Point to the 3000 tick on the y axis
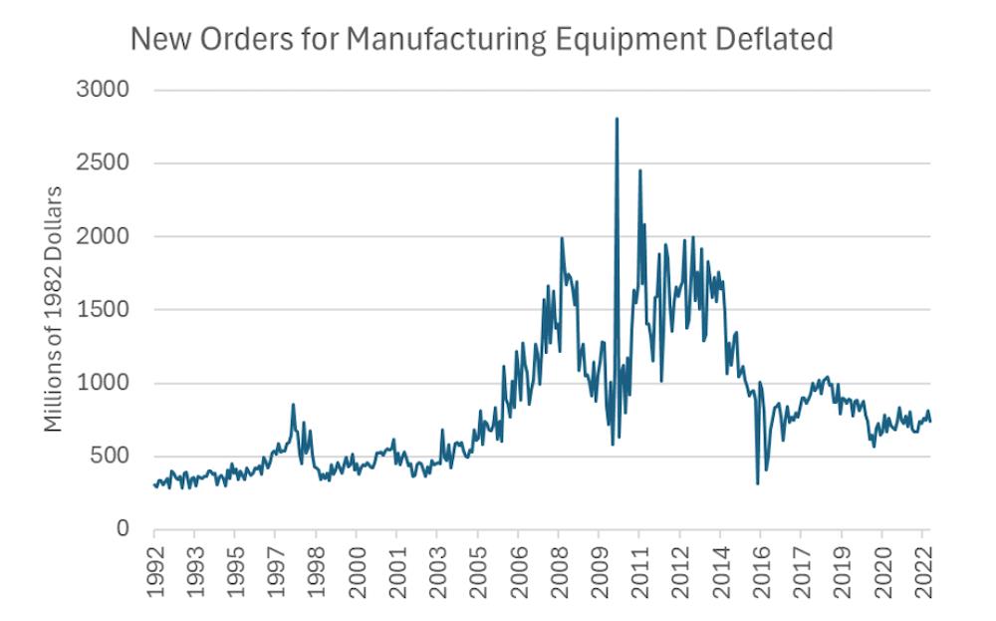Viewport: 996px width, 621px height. tap(103, 90)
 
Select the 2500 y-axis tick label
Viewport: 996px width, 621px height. tap(103, 163)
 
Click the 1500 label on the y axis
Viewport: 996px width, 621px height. tap(103, 310)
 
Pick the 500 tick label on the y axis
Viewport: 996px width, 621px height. tap(109, 457)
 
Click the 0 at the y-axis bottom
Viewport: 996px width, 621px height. tap(122, 529)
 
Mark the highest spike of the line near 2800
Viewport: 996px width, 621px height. tap(617, 119)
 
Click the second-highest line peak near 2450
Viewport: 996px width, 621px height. tap(639, 170)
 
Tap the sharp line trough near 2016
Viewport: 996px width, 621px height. tap(758, 483)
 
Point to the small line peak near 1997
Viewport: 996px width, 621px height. tap(293, 405)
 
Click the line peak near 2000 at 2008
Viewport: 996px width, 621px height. tap(562, 238)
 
